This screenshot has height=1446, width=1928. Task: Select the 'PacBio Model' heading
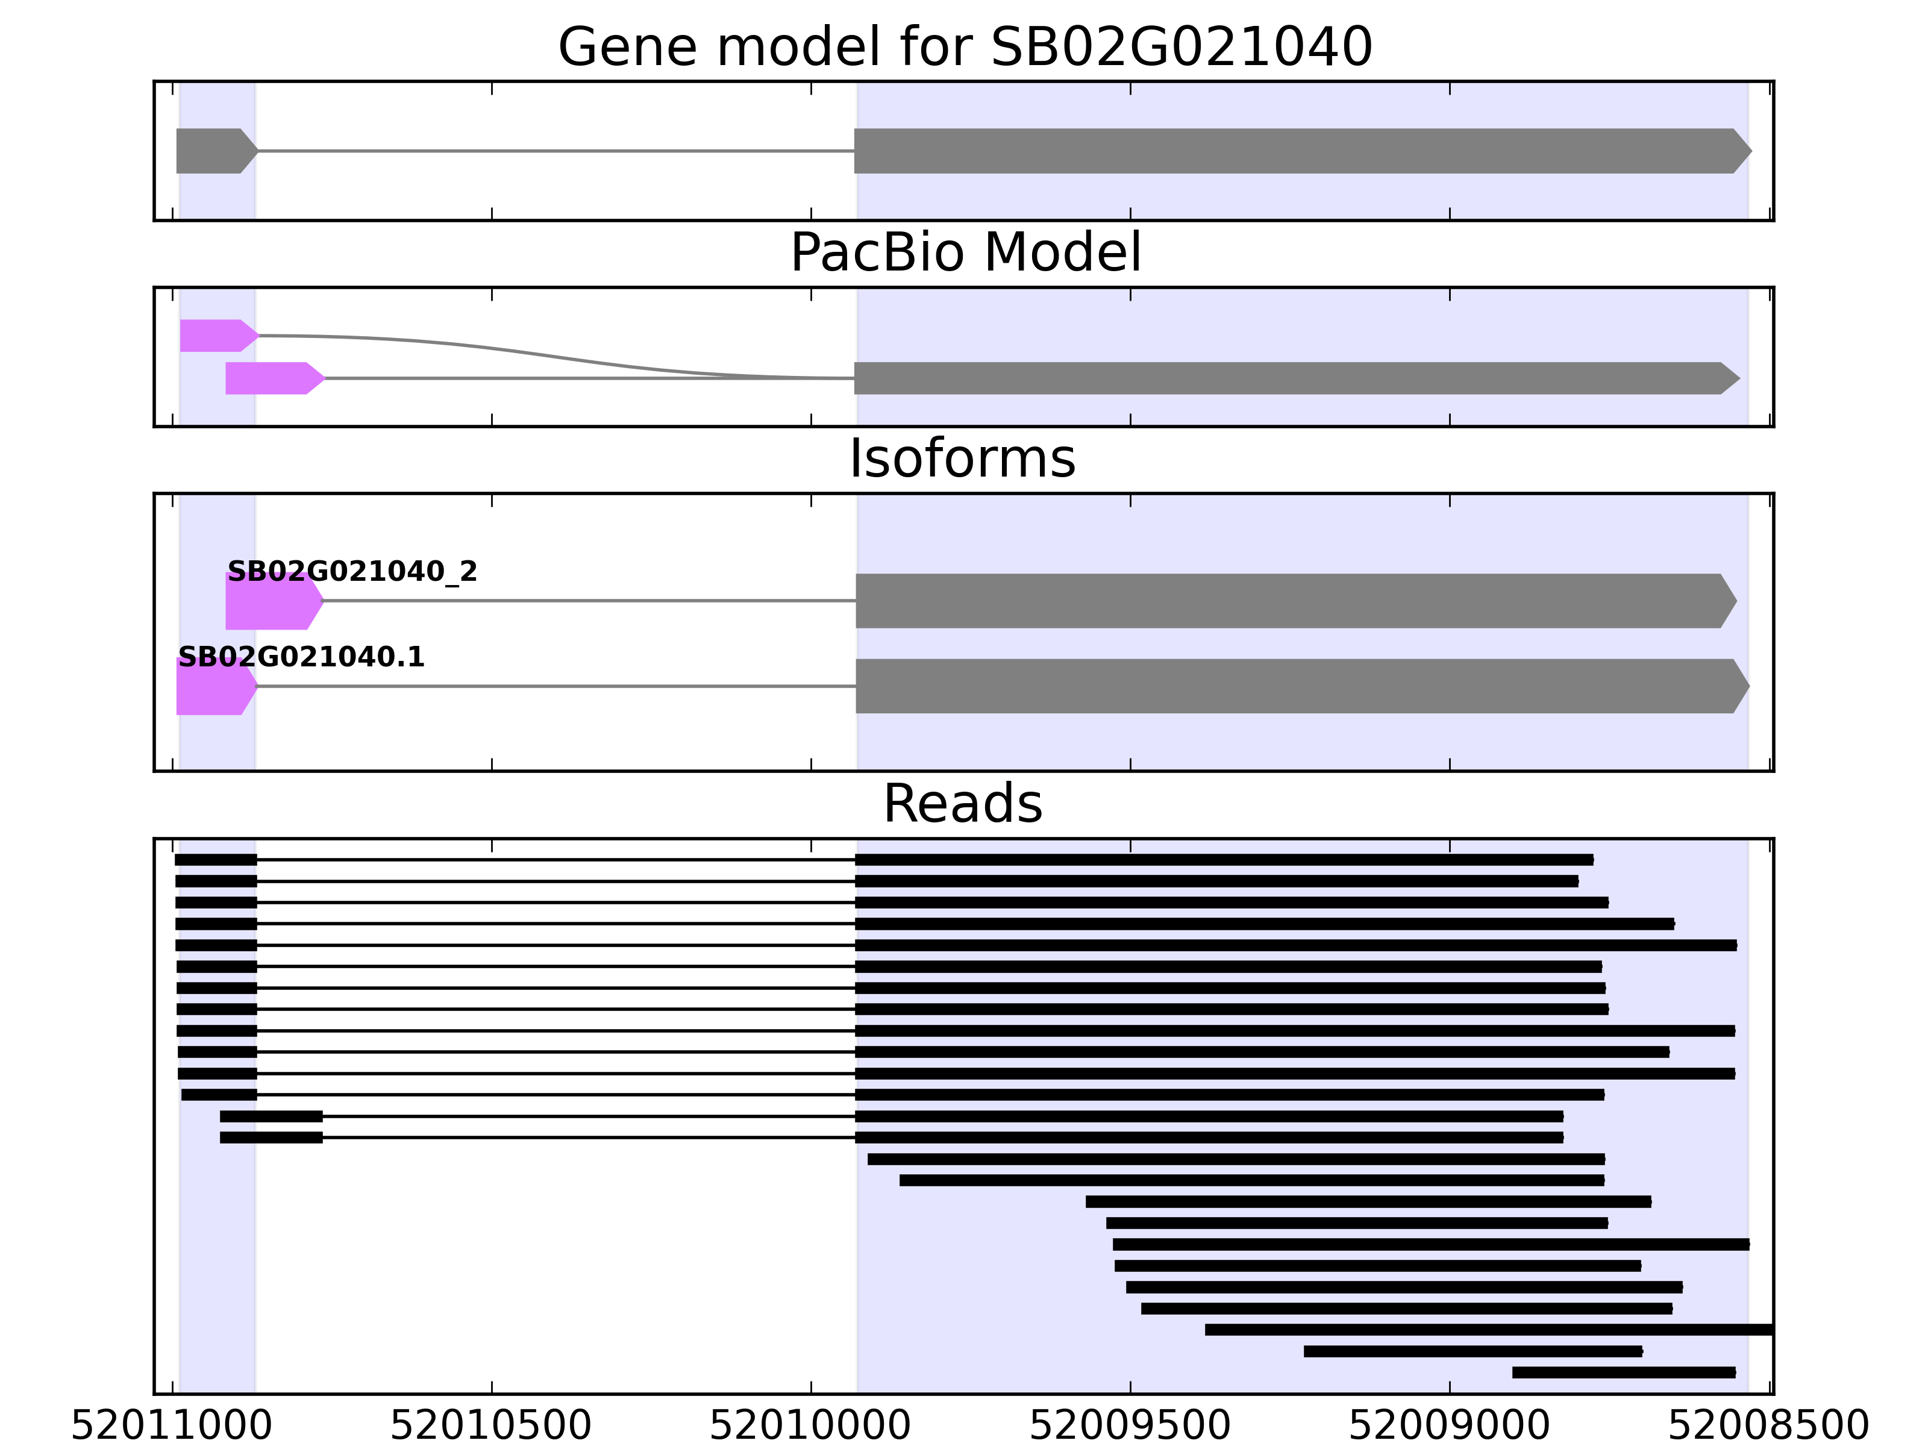(964, 253)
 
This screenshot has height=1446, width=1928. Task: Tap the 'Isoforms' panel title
(962, 459)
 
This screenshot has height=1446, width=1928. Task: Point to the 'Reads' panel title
(962, 804)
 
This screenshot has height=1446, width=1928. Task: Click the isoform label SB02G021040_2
(352, 572)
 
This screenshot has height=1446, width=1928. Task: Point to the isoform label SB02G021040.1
(301, 657)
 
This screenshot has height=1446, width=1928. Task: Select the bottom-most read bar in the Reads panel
(1624, 1372)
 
